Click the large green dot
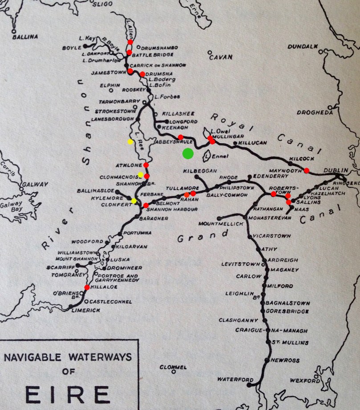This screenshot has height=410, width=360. tap(188, 153)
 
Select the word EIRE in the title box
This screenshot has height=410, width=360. tap(68, 394)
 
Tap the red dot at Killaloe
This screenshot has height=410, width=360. tap(87, 288)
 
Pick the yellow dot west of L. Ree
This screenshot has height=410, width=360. tap(130, 142)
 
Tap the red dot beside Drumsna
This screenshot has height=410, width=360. tap(142, 74)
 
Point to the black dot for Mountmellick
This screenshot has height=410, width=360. tap(219, 218)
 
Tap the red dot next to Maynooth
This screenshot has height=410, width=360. tap(307, 170)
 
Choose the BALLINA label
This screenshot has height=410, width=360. tap(25, 36)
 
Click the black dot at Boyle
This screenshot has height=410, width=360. tap(85, 46)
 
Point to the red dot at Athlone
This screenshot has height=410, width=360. tap(146, 165)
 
